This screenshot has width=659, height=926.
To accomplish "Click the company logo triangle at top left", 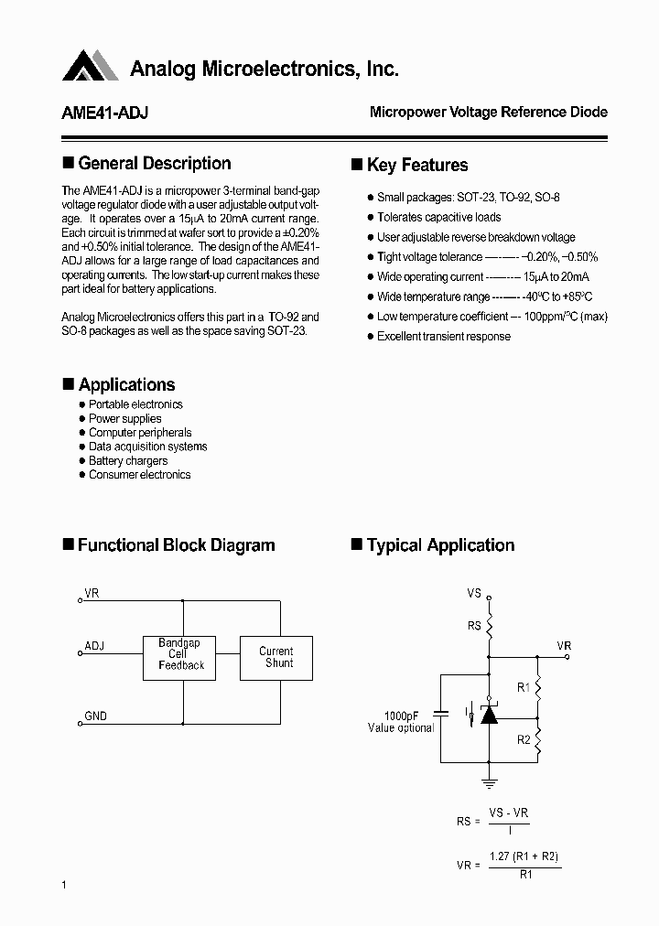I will [x=90, y=66].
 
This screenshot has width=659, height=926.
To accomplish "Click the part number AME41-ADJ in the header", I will [x=105, y=113].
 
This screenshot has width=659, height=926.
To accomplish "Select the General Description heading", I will [x=154, y=164].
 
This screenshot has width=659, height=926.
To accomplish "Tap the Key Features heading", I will [x=416, y=166].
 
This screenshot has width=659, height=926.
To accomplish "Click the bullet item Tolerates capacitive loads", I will [x=438, y=217].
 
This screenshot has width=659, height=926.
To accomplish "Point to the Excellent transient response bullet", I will [x=443, y=336].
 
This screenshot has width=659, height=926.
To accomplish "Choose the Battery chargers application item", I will [x=127, y=460].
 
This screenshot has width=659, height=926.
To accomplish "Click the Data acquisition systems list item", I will [x=147, y=447].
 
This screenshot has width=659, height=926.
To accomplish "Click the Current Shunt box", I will [x=276, y=657].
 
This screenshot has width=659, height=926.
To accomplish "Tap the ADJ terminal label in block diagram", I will [x=94, y=646].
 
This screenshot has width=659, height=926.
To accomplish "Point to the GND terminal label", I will [x=95, y=716].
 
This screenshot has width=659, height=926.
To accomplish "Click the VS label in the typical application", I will [x=473, y=593].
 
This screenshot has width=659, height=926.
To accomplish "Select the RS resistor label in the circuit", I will [x=473, y=627].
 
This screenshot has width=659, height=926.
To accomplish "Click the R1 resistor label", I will [x=524, y=686].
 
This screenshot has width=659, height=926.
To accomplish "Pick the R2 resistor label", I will [x=524, y=739].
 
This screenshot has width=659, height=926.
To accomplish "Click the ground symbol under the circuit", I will [x=489, y=781].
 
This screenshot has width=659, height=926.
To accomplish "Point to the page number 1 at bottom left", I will [x=64, y=884].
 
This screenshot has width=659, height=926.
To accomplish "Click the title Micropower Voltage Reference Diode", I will [x=488, y=113].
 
